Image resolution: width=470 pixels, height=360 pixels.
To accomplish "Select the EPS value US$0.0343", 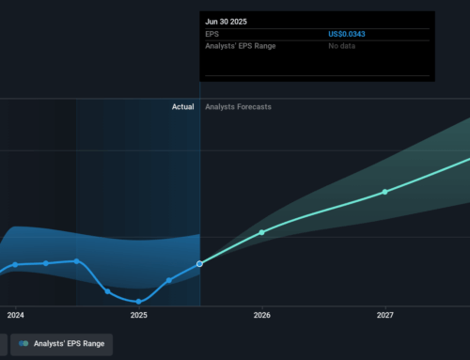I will pos(349,34).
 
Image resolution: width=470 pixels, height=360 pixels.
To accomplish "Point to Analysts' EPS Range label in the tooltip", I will pos(240,47).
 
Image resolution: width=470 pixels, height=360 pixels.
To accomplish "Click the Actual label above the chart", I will pos(182,107).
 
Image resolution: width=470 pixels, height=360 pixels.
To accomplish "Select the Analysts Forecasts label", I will pos(238,107).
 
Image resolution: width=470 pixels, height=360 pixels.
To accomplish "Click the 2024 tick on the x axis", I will pos(15,316).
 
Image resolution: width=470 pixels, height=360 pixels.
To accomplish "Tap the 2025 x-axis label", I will pos(139,316).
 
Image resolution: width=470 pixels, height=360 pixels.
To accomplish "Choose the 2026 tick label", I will pos(261,316).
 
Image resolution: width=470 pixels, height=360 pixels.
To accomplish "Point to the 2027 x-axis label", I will pos(384,316).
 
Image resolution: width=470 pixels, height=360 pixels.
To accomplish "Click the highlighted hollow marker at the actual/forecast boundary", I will pos(200,264).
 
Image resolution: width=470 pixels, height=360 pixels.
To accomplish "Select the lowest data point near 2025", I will pos(138,302).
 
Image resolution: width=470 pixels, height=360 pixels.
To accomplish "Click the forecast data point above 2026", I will pos(261,232).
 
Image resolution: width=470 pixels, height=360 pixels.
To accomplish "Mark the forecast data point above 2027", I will pos(384,192).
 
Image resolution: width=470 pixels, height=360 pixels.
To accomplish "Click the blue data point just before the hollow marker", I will pos(169,280).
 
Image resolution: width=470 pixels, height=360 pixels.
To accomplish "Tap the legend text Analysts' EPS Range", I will pos(68,344).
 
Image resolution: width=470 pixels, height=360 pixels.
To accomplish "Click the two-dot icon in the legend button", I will pos(23,344).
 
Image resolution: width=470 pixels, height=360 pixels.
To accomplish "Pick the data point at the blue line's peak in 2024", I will pos(76,260).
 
